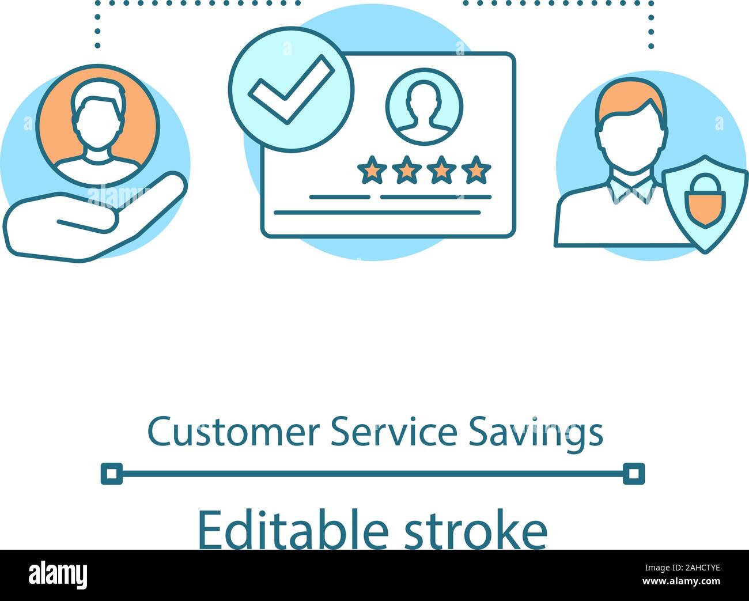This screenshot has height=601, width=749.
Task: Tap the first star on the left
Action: coord(372,170)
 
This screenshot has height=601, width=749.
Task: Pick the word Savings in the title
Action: coord(535,433)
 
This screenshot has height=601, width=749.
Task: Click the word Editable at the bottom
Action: coord(293,530)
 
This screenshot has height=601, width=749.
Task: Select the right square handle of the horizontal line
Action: coord(634,474)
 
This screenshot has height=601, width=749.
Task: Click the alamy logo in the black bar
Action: coord(58,575)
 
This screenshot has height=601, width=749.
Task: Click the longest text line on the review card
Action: coord(377,213)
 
